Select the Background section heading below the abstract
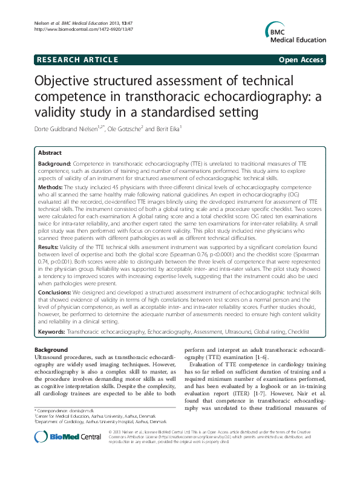pos(51,349)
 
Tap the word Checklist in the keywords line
pos(296,332)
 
